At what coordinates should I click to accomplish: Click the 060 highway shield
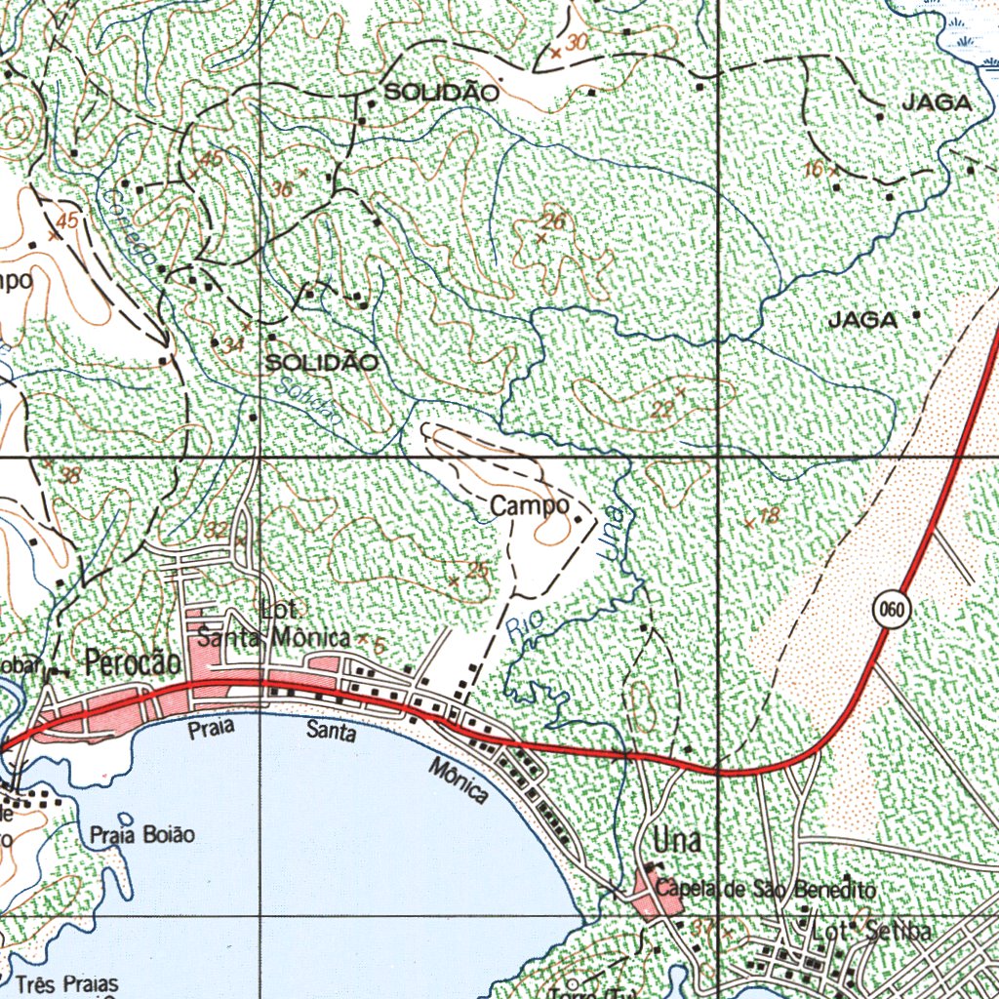click(892, 611)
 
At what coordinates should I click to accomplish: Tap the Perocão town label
click(133, 663)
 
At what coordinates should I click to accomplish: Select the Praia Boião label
click(142, 835)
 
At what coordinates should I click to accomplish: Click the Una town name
click(677, 840)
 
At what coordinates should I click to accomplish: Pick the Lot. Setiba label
click(870, 931)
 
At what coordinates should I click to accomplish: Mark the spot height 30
click(578, 42)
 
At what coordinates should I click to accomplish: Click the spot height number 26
click(553, 221)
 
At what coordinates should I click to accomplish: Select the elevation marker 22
click(662, 411)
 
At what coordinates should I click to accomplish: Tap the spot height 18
click(769, 516)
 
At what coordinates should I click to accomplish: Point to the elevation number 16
click(814, 170)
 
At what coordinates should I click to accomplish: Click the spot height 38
click(70, 476)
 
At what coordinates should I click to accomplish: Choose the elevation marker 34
click(232, 344)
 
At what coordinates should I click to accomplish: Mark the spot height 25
click(477, 571)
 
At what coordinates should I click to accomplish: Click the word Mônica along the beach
click(459, 780)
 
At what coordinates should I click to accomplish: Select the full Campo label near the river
click(530, 505)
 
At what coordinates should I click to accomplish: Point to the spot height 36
click(282, 188)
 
